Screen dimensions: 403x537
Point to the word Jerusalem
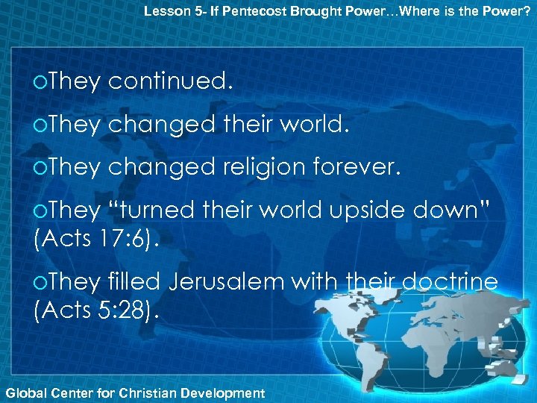pos(236,282)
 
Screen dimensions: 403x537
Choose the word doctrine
pos(450,282)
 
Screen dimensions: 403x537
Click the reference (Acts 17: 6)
pos(96,240)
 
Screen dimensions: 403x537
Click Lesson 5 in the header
pos(168,11)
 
